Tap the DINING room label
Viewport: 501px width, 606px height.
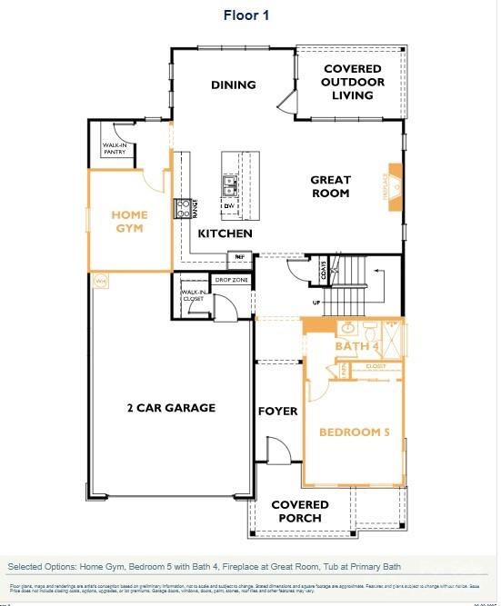click(234, 85)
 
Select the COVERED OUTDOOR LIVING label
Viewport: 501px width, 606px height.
click(354, 83)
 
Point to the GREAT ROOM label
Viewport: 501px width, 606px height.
click(330, 186)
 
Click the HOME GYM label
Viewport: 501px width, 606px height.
click(129, 222)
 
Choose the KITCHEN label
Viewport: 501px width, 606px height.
click(225, 233)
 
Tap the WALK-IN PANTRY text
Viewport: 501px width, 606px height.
click(115, 148)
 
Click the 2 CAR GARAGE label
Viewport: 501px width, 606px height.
click(171, 408)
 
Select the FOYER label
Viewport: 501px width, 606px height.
click(277, 412)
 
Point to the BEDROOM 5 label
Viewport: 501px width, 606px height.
click(354, 432)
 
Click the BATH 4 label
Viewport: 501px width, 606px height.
click(356, 347)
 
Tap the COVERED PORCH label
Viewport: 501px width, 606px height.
click(296, 511)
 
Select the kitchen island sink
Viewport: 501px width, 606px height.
click(230, 186)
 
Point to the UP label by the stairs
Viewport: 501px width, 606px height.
click(316, 303)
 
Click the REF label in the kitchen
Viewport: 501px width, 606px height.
click(241, 257)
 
